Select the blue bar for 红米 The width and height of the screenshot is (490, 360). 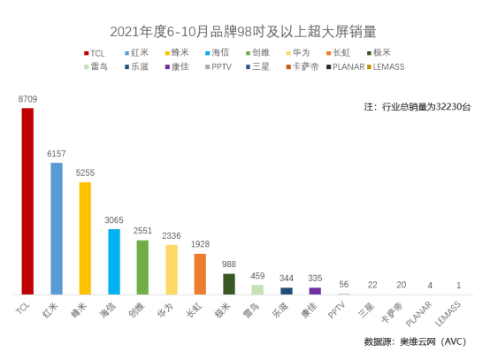(x=57, y=228)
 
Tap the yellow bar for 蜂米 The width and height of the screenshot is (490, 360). (x=85, y=238)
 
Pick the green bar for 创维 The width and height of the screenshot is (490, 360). (x=142, y=266)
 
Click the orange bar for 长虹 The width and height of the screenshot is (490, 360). (x=200, y=273)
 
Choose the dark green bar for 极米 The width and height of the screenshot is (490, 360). (x=229, y=283)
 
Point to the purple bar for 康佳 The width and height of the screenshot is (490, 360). (x=315, y=290)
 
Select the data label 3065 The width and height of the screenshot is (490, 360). (x=114, y=220)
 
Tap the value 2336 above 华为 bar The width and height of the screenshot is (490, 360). (x=172, y=236)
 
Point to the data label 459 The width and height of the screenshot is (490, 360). (x=257, y=275)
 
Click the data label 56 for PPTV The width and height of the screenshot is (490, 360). (x=344, y=284)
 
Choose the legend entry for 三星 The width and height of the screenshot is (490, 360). (x=259, y=66)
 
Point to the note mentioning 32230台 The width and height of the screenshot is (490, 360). (x=417, y=106)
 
